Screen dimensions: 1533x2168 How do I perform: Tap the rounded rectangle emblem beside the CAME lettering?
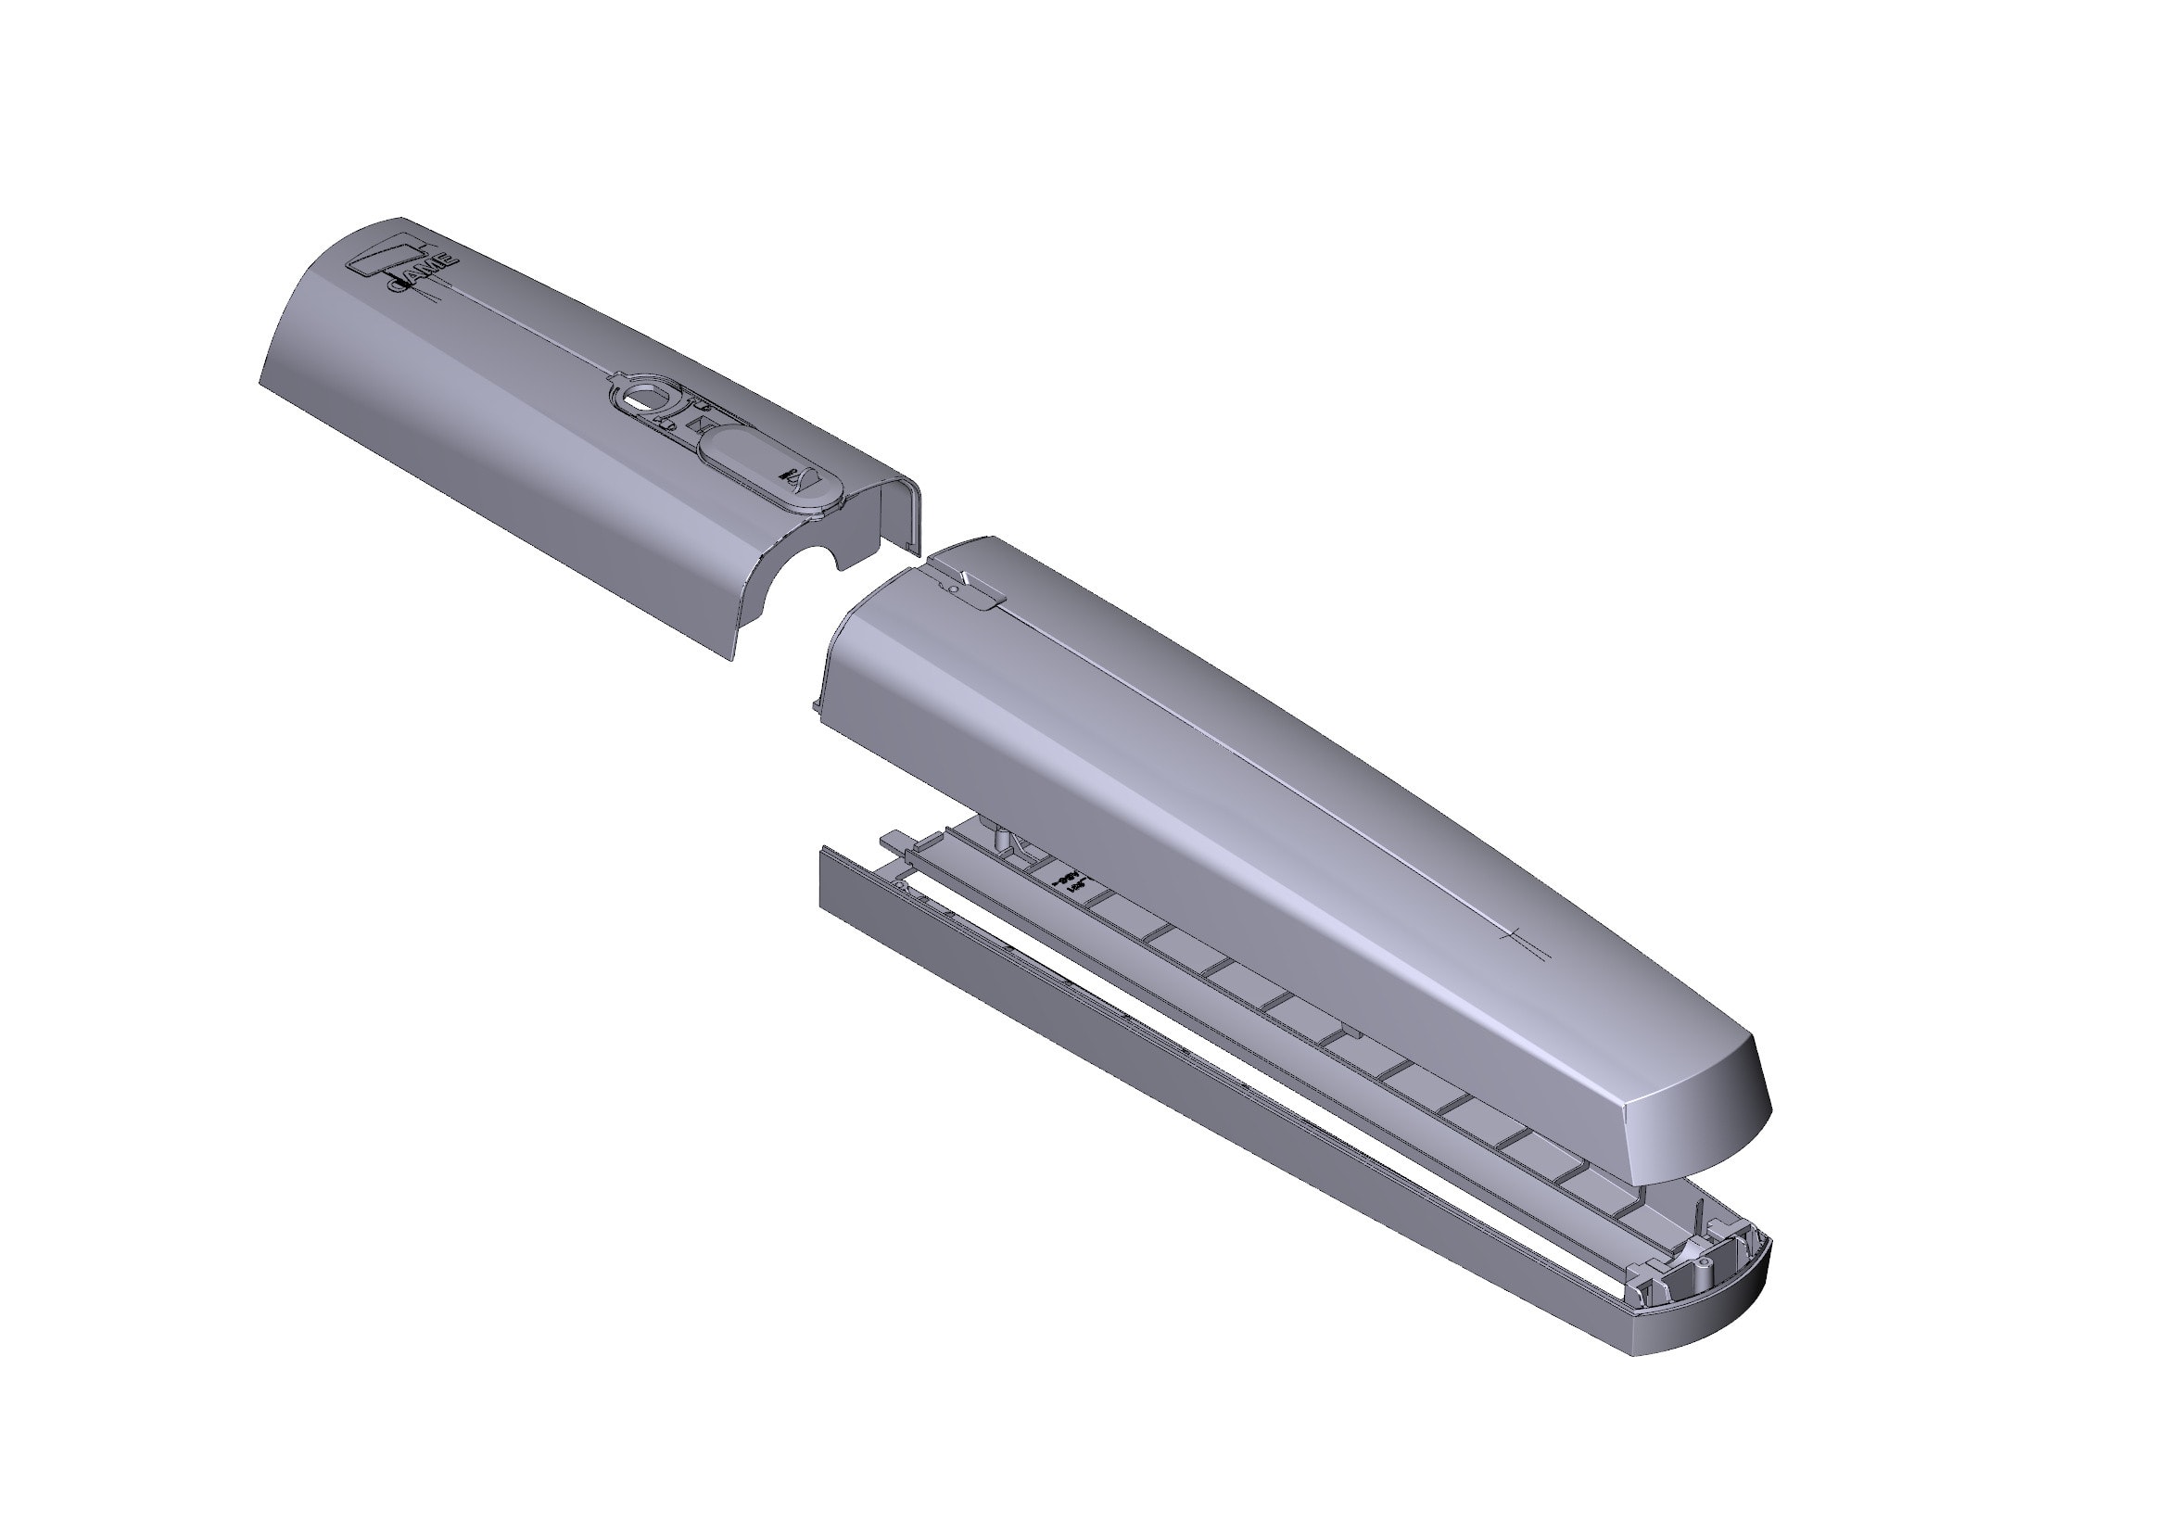click(x=377, y=257)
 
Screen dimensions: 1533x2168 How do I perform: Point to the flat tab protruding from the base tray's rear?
click(x=892, y=838)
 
